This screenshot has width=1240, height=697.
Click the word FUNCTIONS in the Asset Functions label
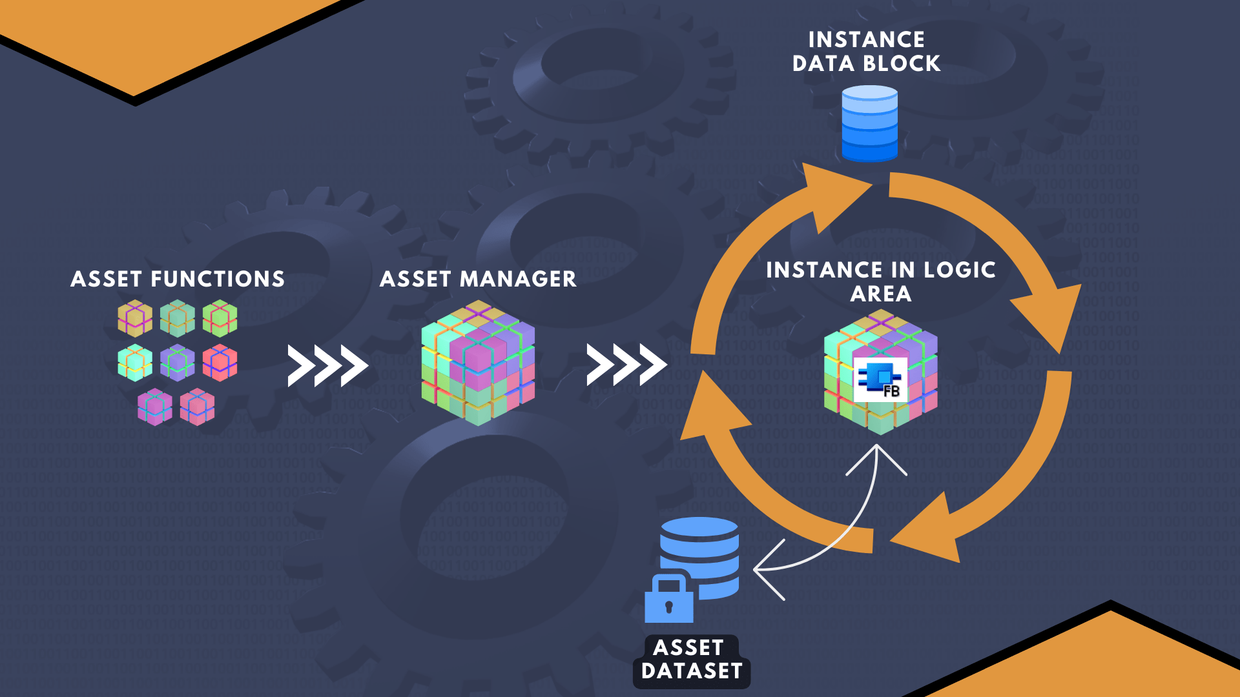tap(218, 279)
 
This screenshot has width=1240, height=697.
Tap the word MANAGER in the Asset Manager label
tap(518, 279)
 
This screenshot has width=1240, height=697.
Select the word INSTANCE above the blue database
tap(866, 39)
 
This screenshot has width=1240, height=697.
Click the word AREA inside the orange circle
tap(881, 294)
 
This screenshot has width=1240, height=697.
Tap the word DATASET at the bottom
tap(692, 671)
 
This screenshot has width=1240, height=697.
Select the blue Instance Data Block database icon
tap(870, 123)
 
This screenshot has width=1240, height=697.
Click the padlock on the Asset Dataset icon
tap(669, 600)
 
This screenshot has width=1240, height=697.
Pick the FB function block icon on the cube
tap(880, 379)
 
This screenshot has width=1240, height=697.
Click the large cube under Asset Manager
tap(478, 363)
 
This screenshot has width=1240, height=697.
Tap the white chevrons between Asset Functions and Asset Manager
tap(327, 366)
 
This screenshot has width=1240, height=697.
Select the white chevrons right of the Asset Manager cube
tap(626, 365)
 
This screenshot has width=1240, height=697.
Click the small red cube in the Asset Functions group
tap(220, 363)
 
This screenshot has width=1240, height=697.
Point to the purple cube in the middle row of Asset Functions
tap(178, 363)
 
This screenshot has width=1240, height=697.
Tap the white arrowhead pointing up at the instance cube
tap(876, 455)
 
